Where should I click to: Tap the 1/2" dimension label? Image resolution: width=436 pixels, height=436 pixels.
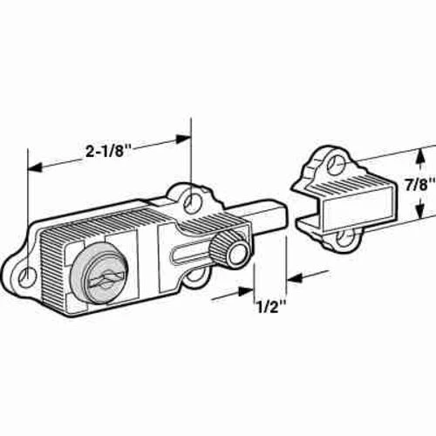pyautogui.click(x=270, y=307)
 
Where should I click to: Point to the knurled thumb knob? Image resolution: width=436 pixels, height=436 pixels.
pyautogui.click(x=232, y=251)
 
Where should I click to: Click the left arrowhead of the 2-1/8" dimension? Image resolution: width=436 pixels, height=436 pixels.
pyautogui.click(x=35, y=166)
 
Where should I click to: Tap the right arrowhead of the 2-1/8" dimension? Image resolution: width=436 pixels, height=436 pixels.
pyautogui.click(x=185, y=137)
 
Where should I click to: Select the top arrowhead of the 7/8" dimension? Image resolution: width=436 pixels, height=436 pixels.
pyautogui.click(x=423, y=153)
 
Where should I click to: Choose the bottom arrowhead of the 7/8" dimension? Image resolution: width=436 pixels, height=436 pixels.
pyautogui.click(x=423, y=215)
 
